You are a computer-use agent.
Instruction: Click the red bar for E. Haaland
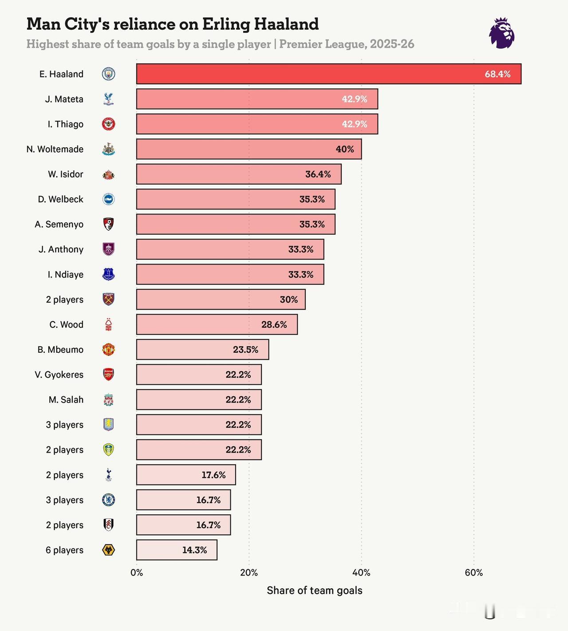328,74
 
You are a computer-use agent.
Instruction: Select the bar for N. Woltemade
248,149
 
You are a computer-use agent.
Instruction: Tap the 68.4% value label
497,74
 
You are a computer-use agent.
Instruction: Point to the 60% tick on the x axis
473,572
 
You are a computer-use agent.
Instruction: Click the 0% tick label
137,572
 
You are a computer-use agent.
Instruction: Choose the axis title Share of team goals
314,590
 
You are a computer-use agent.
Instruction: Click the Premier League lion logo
502,33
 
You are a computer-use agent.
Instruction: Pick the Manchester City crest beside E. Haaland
108,74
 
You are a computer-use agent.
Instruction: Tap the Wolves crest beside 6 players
108,550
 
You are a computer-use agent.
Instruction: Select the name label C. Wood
66,325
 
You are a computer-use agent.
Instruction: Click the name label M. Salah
66,400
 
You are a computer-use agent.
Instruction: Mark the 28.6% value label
274,325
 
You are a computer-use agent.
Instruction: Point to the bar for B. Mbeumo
202,350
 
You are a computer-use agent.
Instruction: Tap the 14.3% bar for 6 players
177,550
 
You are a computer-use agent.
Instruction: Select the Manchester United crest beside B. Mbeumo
108,350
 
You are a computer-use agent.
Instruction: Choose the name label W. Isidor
65,174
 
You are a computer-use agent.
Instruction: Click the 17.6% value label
213,475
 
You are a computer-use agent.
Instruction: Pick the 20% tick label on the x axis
249,572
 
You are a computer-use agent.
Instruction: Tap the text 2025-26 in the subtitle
392,44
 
